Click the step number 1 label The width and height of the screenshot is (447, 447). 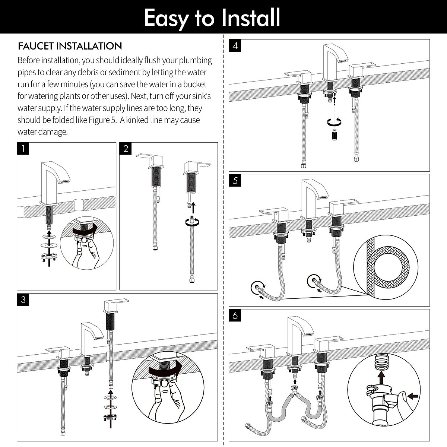point(23,149)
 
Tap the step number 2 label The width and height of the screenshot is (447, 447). point(126,149)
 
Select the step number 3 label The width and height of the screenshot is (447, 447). point(23,300)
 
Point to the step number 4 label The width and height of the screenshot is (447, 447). point(235,46)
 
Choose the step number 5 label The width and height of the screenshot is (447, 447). point(235,181)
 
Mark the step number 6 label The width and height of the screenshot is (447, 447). point(235,316)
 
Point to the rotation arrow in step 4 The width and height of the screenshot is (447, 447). point(334,121)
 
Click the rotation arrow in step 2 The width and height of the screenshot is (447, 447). point(193,222)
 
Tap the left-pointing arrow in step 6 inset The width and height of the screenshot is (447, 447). point(412,396)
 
